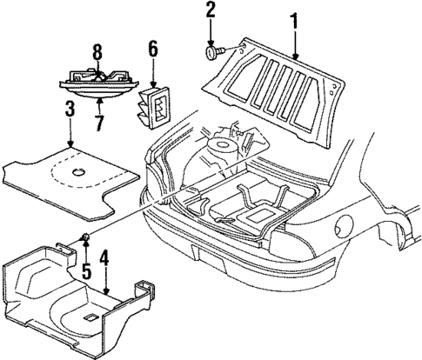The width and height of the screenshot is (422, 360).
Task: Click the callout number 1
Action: [x=295, y=17]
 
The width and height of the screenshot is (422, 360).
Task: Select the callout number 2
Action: [x=211, y=11]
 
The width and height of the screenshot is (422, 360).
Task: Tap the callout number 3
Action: [x=68, y=110]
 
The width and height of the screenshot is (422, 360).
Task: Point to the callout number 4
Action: [x=104, y=260]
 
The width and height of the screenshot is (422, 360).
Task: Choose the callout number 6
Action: [x=153, y=54]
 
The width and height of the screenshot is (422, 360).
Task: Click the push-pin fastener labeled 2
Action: [x=212, y=54]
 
